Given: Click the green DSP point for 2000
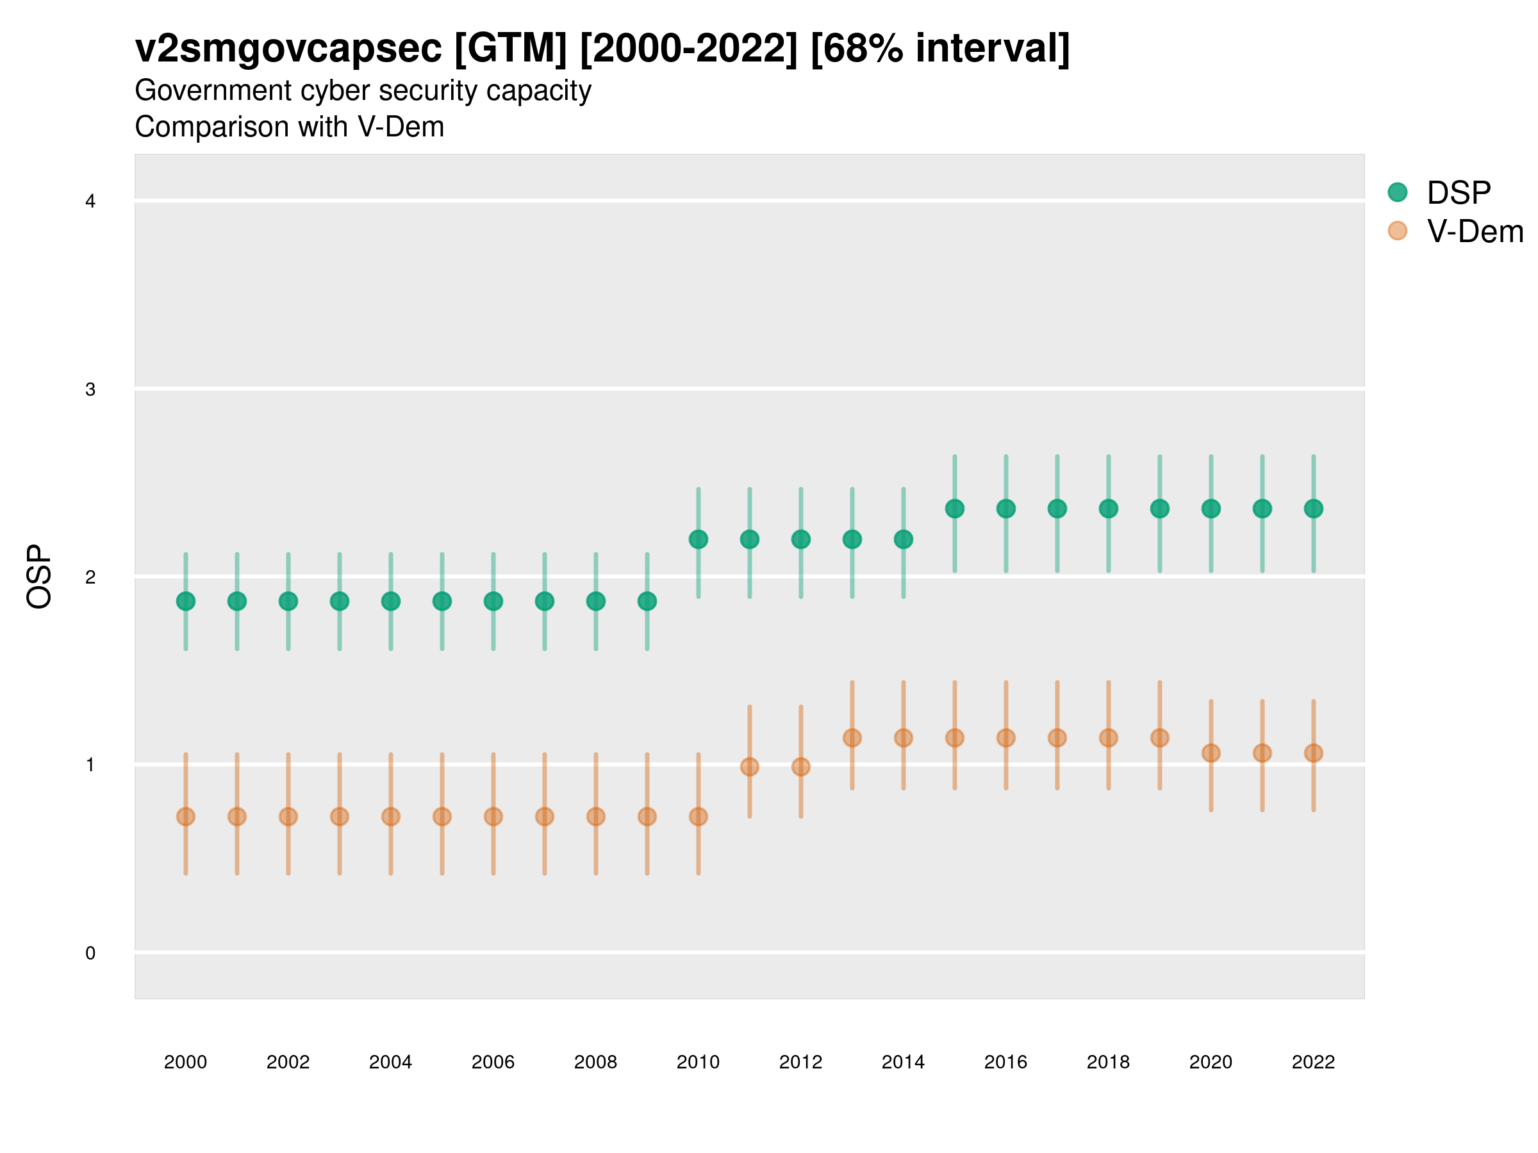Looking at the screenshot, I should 186,601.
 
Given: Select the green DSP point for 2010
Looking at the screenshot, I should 698,539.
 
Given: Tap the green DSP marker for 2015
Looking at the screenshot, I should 955,509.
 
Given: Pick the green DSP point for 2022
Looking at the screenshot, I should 1314,509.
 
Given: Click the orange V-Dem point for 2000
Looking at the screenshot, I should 186,817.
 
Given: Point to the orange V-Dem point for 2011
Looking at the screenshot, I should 750,767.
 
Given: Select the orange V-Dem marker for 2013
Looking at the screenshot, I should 852,738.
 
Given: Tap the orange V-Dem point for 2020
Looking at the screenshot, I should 1211,753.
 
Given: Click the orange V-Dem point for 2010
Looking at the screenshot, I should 698,817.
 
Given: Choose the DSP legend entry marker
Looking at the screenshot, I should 1398,192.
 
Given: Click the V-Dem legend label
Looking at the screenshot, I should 1475,231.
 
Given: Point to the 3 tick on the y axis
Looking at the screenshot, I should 90,389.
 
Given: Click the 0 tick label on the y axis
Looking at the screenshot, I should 90,953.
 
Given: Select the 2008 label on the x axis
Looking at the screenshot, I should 595,1062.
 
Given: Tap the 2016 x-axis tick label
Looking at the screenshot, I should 1005,1062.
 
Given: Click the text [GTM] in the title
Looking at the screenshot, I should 510,49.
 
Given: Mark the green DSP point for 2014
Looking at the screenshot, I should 903,539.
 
